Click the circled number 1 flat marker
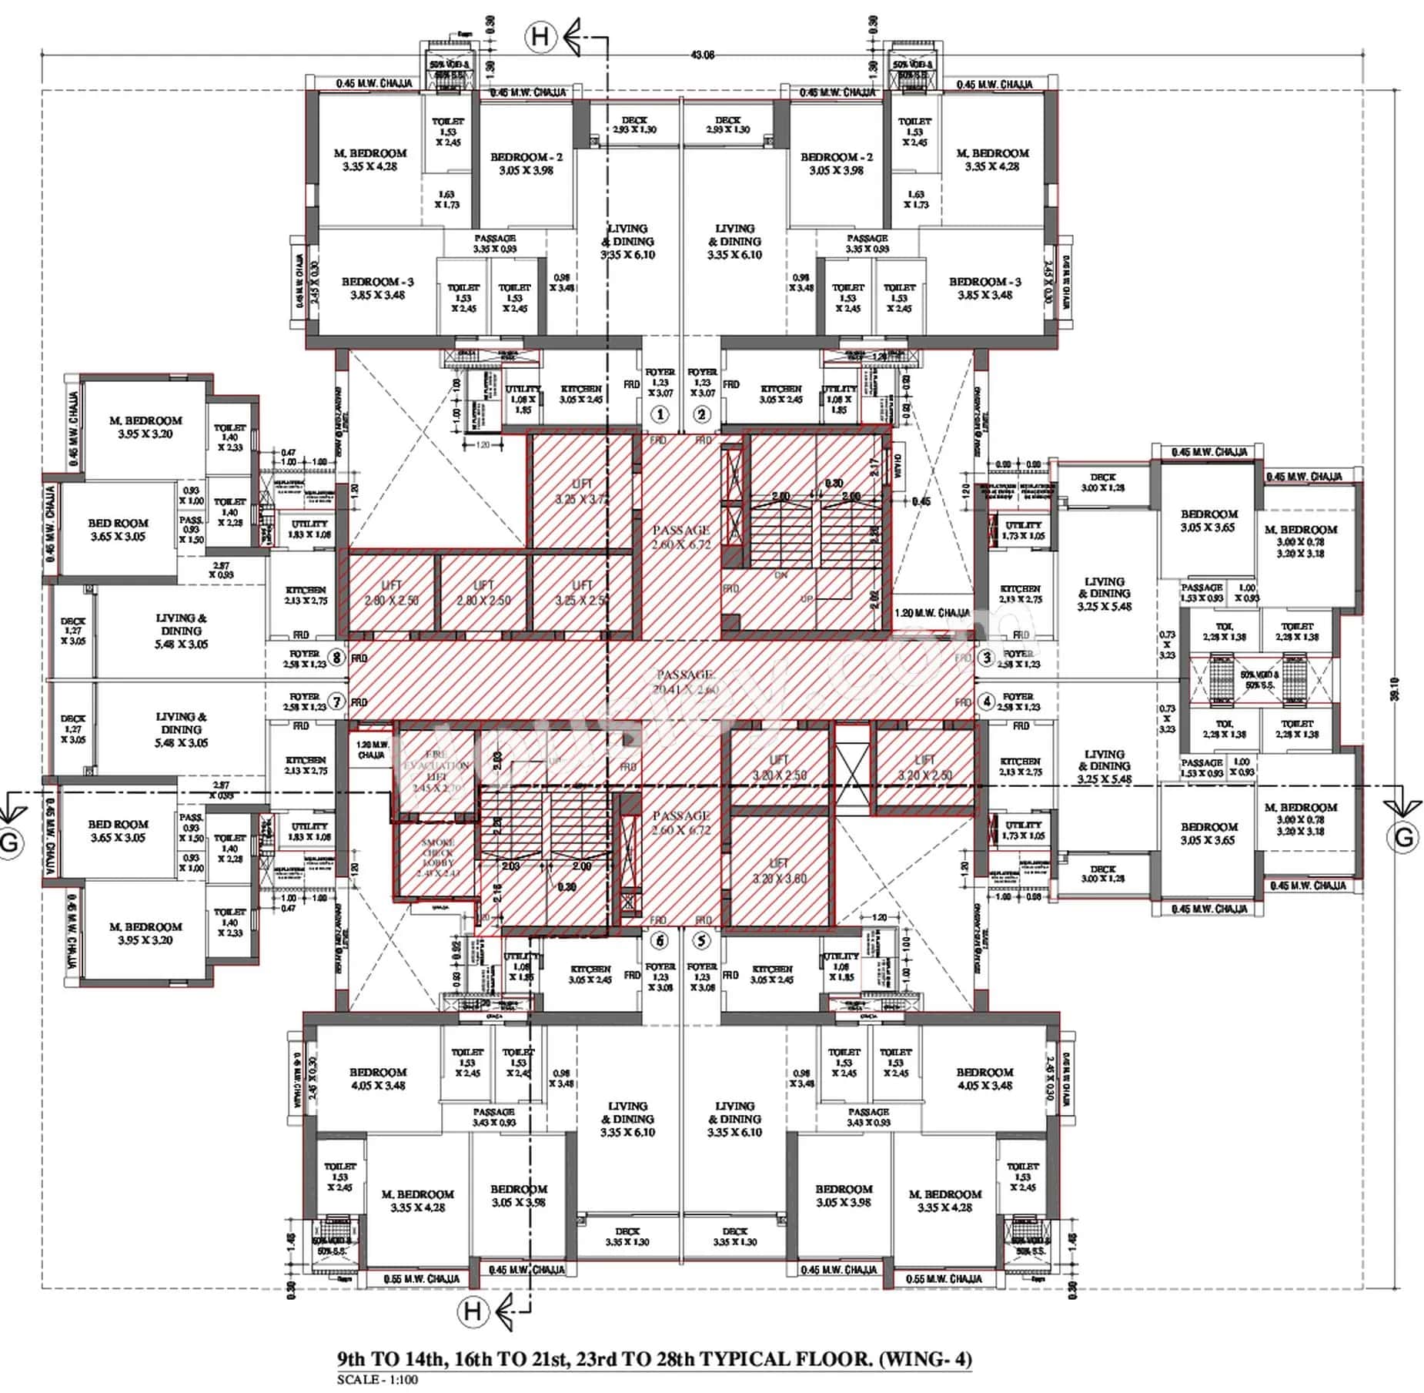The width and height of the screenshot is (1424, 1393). (x=660, y=414)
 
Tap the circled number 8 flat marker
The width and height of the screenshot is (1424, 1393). (x=336, y=658)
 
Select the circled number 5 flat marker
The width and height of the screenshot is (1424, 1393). (x=701, y=940)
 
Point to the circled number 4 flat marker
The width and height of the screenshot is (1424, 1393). (x=986, y=702)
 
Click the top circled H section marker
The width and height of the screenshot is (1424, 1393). (x=540, y=36)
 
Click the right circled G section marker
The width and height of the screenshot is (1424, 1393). (x=1402, y=837)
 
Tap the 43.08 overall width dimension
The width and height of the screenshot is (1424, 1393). (x=703, y=55)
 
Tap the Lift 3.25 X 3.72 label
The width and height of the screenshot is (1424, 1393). (x=582, y=491)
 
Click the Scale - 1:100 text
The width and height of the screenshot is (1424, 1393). (x=377, y=1379)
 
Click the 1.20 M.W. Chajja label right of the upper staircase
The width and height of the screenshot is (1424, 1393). (x=933, y=613)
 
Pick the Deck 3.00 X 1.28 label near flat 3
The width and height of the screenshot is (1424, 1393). (x=1102, y=482)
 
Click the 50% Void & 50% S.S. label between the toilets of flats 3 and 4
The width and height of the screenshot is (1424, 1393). (x=1259, y=679)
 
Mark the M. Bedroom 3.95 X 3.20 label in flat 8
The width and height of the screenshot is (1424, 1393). (x=145, y=427)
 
